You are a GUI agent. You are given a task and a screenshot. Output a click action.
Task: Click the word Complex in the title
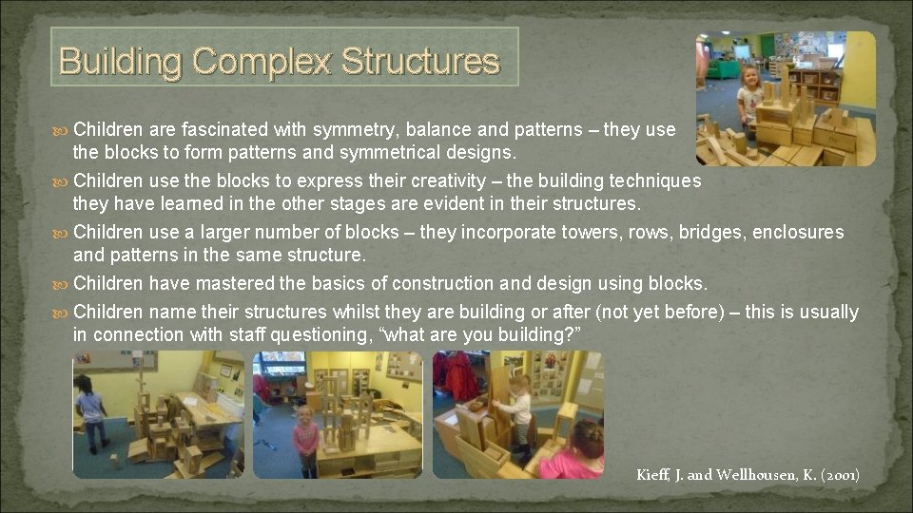click(262, 62)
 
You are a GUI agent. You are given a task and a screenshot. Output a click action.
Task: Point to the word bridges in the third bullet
click(711, 232)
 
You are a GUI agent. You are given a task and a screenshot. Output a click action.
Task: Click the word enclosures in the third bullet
click(798, 232)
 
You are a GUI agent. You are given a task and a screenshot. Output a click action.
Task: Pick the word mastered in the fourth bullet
click(240, 283)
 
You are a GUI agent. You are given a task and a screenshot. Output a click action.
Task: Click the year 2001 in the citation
click(838, 474)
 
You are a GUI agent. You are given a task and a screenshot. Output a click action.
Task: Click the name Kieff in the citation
click(655, 474)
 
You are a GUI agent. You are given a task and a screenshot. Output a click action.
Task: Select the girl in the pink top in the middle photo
click(306, 439)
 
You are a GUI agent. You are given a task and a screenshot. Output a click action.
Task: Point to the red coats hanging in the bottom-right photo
click(461, 375)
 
